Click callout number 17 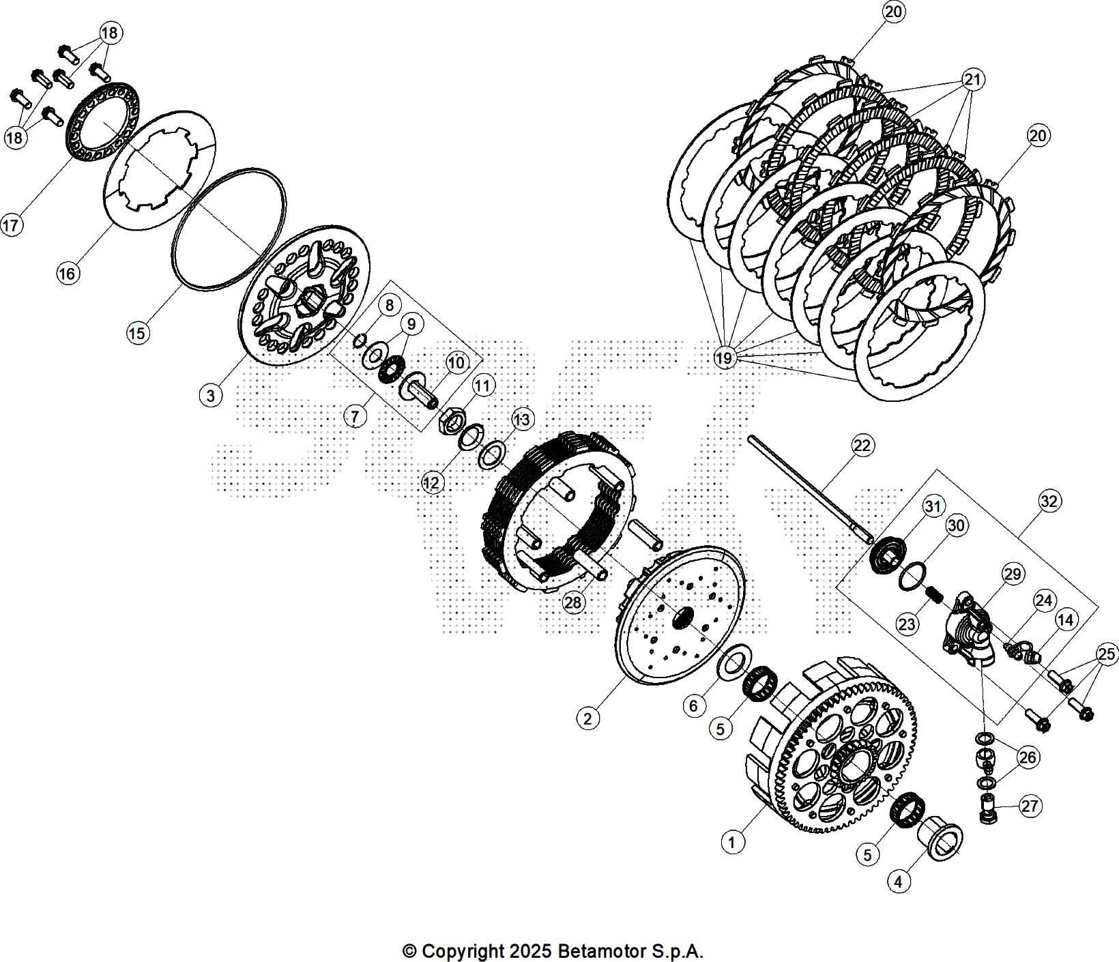11,224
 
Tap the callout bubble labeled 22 862,446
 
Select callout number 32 1049,501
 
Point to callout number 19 725,357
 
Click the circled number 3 211,395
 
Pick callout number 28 573,602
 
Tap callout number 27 1030,806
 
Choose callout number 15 137,333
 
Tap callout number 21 972,80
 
